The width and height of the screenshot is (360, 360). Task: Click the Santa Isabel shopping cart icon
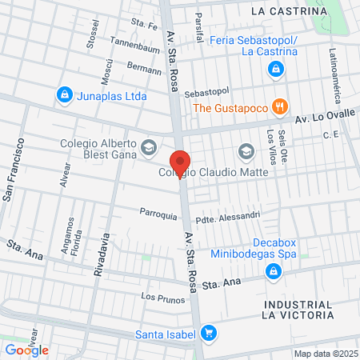(x=209, y=332)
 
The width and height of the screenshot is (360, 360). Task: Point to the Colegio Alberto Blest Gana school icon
(x=148, y=146)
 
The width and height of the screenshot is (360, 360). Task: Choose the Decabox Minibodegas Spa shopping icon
(x=274, y=272)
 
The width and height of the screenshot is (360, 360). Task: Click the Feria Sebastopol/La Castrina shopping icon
(x=275, y=70)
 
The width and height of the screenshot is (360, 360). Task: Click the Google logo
(x=27, y=350)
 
